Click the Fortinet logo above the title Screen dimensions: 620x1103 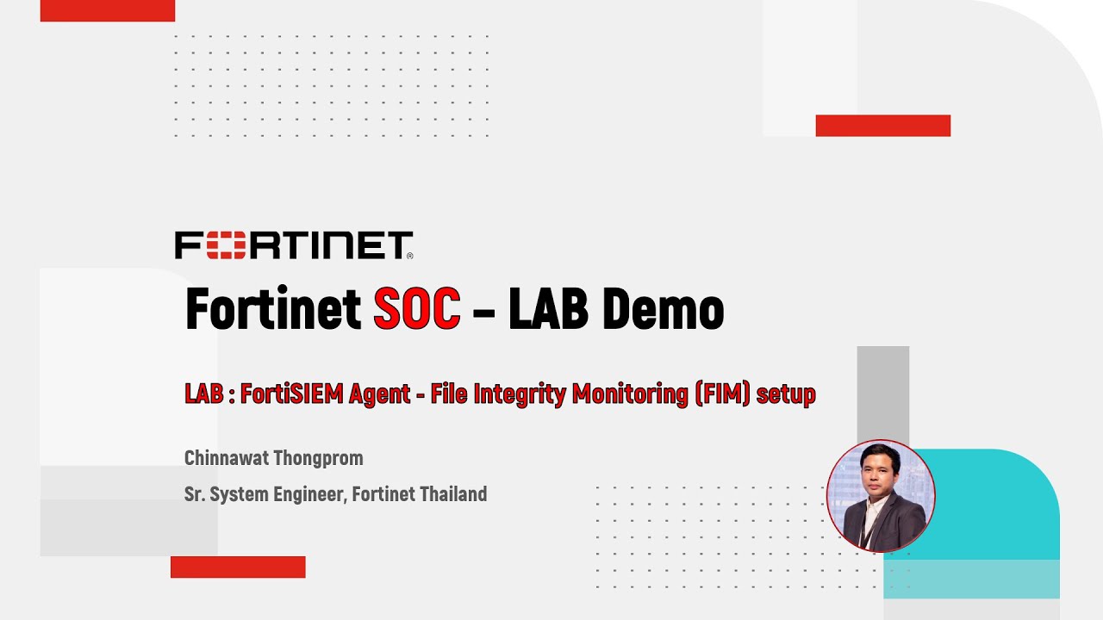point(294,245)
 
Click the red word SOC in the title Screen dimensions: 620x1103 point(416,310)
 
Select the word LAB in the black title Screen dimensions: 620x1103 point(548,310)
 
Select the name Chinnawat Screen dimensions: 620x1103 point(227,458)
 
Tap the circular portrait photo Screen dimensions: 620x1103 point(880,495)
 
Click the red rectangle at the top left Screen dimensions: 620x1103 point(108,10)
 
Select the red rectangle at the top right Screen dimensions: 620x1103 point(882,126)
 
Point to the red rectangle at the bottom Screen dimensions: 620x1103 point(238,567)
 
